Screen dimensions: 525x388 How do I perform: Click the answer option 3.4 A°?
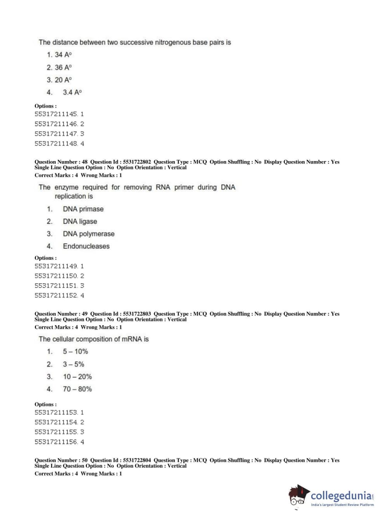click(x=72, y=92)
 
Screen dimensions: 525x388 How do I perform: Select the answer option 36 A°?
click(x=63, y=67)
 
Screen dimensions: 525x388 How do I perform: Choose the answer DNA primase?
click(x=83, y=209)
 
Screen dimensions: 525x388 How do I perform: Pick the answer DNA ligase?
click(x=80, y=221)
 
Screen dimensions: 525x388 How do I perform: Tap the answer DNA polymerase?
click(x=88, y=234)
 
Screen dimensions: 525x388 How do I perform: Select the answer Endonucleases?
click(x=86, y=246)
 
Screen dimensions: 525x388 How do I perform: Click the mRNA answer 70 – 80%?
click(x=77, y=389)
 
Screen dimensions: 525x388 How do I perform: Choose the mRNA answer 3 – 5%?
click(x=73, y=364)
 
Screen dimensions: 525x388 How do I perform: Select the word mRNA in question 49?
click(x=131, y=339)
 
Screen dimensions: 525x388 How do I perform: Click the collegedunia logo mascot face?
click(x=298, y=497)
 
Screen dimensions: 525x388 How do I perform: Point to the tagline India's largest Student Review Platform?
click(x=342, y=505)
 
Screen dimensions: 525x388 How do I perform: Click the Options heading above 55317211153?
click(x=45, y=404)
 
